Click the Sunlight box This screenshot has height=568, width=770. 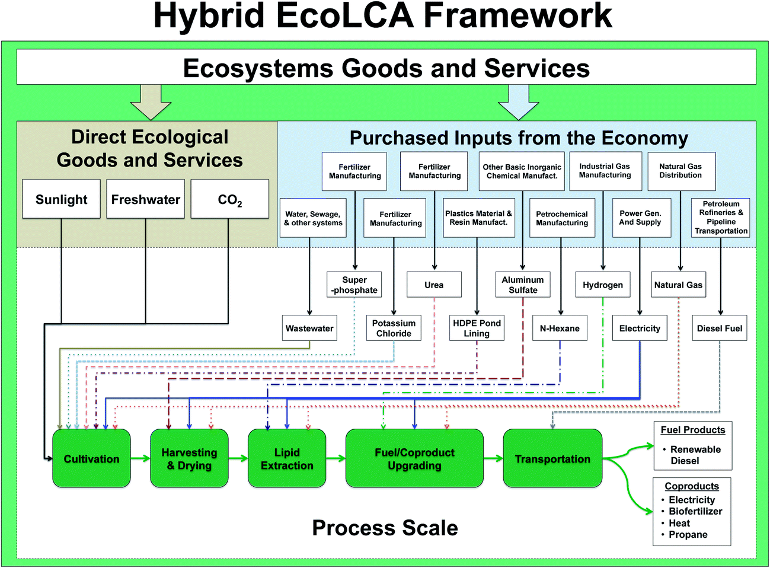pyautogui.click(x=61, y=199)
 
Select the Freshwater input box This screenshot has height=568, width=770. pyautogui.click(x=145, y=199)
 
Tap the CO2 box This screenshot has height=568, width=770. pyautogui.click(x=229, y=199)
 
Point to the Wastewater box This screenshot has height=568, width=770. pyautogui.click(x=309, y=328)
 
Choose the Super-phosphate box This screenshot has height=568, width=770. pyautogui.click(x=354, y=285)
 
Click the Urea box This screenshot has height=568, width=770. pyautogui.click(x=434, y=285)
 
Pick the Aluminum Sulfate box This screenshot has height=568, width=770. pyautogui.click(x=523, y=285)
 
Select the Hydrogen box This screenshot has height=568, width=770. pyautogui.click(x=603, y=285)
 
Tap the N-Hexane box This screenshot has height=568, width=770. pyautogui.click(x=560, y=328)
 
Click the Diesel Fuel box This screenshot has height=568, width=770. pyautogui.click(x=720, y=328)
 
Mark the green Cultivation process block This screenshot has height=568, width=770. pyautogui.click(x=91, y=458)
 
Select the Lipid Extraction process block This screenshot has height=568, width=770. pyautogui.click(x=287, y=458)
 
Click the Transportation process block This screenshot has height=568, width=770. pyautogui.click(x=552, y=458)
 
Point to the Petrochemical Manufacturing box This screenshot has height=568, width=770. pyautogui.click(x=562, y=218)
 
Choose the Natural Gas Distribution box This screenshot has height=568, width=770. pyautogui.click(x=682, y=171)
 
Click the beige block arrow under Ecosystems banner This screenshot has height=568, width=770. pyautogui.click(x=151, y=103)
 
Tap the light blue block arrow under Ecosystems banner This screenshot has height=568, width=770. pyautogui.click(x=519, y=103)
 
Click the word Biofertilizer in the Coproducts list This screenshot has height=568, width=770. pyautogui.click(x=695, y=511)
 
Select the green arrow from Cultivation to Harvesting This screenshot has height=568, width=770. pyautogui.click(x=140, y=458)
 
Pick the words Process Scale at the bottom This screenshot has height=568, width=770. pyautogui.click(x=385, y=528)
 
